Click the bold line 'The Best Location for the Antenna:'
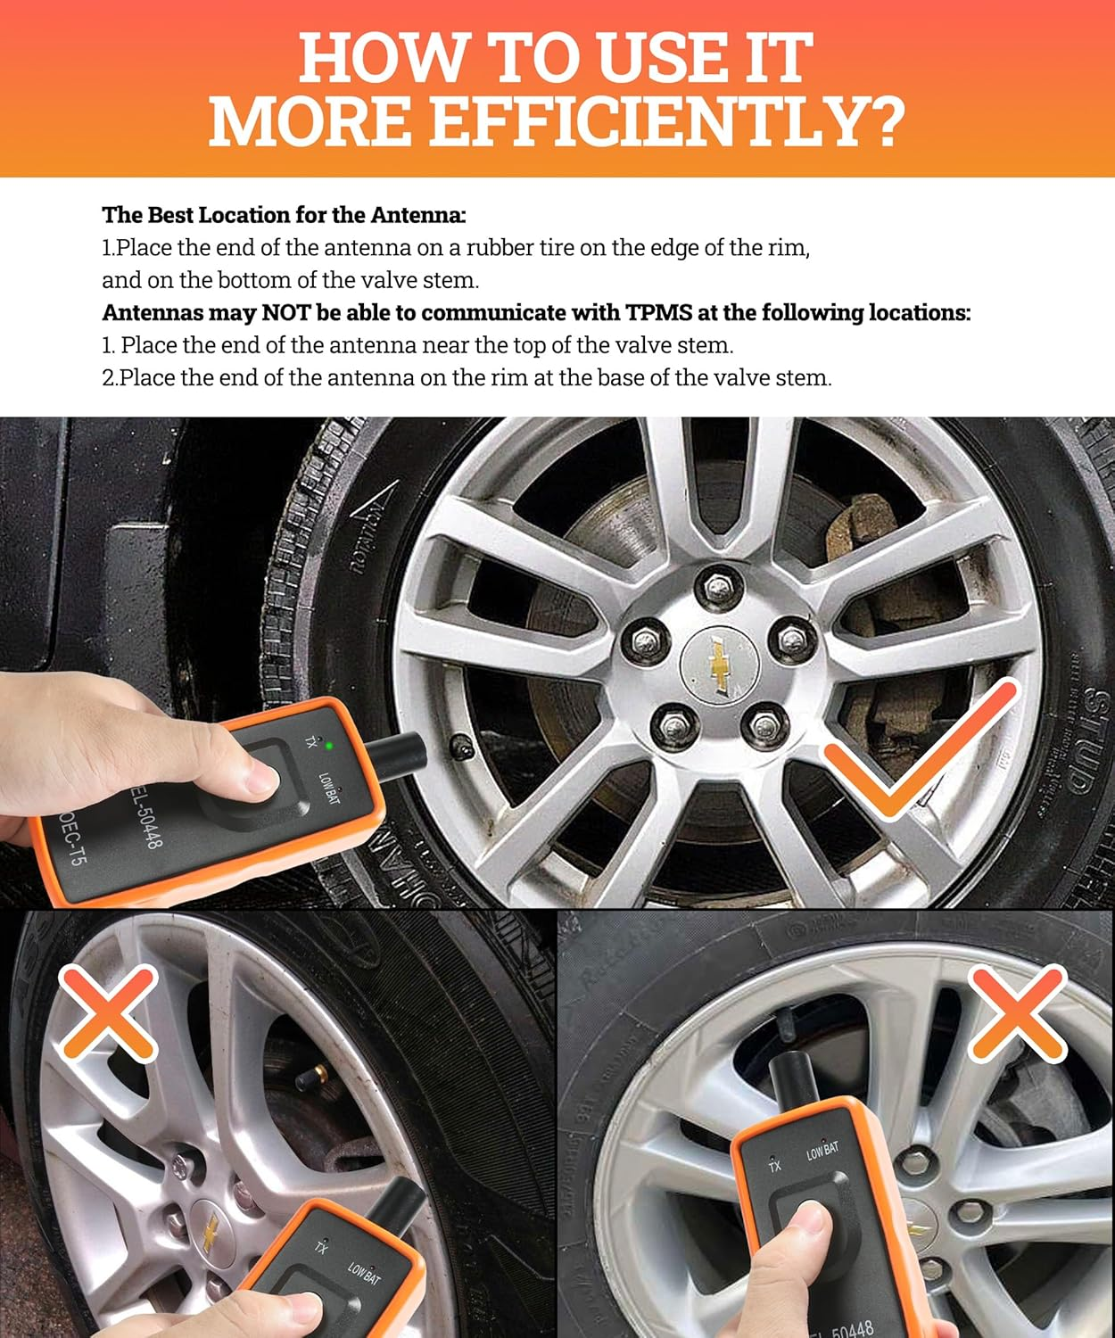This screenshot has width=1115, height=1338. (284, 215)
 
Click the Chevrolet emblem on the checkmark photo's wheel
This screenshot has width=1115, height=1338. (718, 664)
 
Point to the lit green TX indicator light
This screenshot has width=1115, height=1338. (330, 746)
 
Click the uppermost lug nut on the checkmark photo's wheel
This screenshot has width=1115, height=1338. (716, 586)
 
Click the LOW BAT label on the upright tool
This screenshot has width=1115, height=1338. (822, 1151)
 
